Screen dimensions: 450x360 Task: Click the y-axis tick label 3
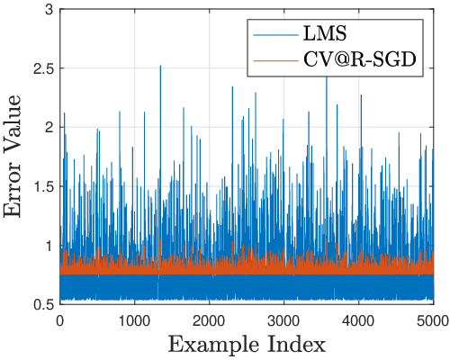49,10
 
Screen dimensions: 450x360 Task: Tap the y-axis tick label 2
49,128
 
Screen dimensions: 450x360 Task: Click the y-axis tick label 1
49,246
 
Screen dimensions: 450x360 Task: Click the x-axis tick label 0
60,321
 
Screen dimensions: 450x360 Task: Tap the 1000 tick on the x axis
135,321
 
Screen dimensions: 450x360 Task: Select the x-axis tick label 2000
210,321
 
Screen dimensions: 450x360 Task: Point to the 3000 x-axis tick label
284,321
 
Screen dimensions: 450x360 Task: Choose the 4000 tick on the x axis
359,321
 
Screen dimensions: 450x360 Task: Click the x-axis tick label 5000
434,321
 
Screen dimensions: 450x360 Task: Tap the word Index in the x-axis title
303,345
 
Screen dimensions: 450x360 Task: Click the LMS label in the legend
325,33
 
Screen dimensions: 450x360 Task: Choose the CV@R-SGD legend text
360,60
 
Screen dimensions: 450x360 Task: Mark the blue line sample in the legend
276,35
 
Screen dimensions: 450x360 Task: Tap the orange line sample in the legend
276,61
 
